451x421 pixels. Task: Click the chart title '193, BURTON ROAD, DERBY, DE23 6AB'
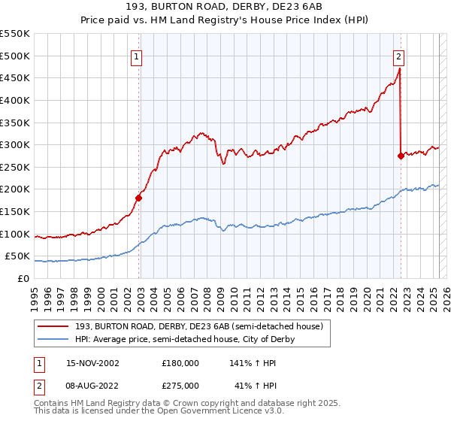point(225,8)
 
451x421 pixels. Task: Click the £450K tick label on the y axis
point(15,77)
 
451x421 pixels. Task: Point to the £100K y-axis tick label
point(15,234)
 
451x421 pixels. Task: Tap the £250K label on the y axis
point(15,167)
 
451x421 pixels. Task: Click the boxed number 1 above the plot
point(137,55)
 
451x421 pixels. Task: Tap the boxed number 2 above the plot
point(398,55)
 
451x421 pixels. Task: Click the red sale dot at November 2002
point(138,198)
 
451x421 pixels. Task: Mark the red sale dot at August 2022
point(400,156)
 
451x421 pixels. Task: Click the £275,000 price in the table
point(180,385)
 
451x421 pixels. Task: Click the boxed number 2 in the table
point(37,385)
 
